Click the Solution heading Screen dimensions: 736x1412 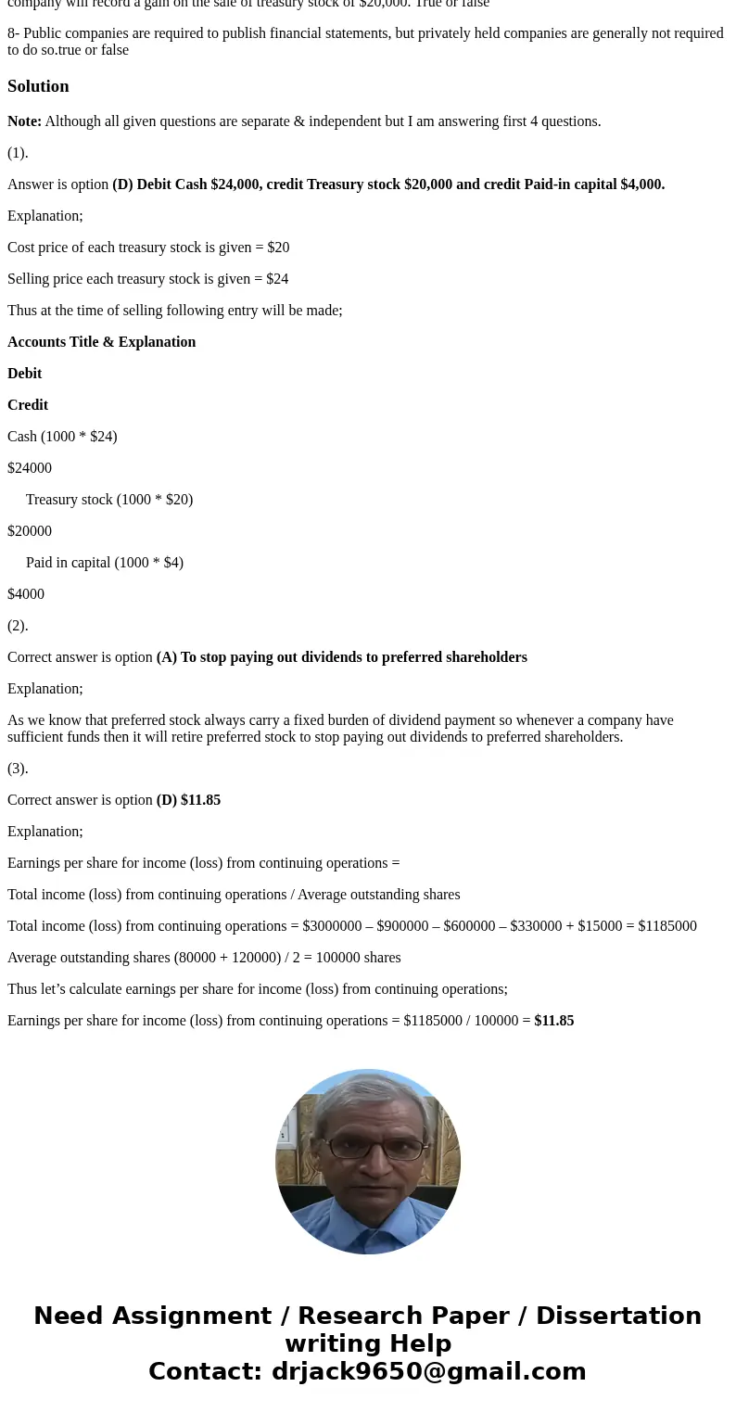coord(38,86)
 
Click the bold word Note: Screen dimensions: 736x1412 coord(24,121)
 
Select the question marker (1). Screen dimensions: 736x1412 coord(18,153)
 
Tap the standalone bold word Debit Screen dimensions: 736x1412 coord(25,374)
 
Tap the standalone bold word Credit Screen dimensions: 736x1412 coord(28,405)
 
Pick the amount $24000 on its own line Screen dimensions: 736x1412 coord(30,468)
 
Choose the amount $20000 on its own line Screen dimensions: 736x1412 coord(30,531)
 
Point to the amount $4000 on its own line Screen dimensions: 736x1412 coord(26,594)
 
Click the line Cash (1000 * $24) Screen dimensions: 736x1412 coord(62,437)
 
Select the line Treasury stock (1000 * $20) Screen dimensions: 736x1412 coord(109,500)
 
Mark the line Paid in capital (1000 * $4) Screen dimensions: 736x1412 coord(105,563)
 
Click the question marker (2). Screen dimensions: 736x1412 coord(18,626)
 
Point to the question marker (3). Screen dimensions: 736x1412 coord(18,769)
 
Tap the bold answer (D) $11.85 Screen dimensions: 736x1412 coord(188,800)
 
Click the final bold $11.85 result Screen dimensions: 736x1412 coord(554,1021)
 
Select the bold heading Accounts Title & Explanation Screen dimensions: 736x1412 coord(102,342)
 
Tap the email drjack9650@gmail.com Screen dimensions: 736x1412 coord(428,1371)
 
